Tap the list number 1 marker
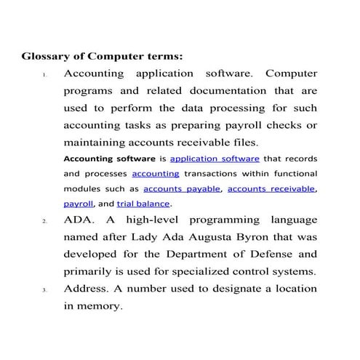pyautogui.click(x=44, y=76)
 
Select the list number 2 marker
pyautogui.click(x=44, y=220)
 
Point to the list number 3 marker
pyautogui.click(x=44, y=290)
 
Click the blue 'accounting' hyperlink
pyautogui.click(x=156, y=174)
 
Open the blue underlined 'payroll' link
pyautogui.click(x=79, y=204)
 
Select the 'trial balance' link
pyautogui.click(x=143, y=204)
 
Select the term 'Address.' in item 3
pyautogui.click(x=87, y=289)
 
